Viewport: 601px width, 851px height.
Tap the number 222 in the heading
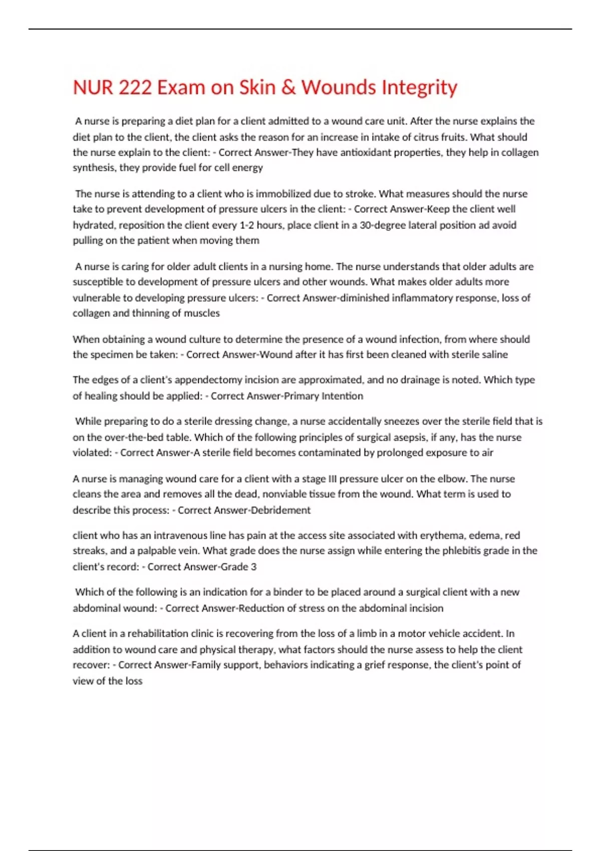coord(135,88)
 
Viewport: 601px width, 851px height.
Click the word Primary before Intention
coord(301,396)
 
